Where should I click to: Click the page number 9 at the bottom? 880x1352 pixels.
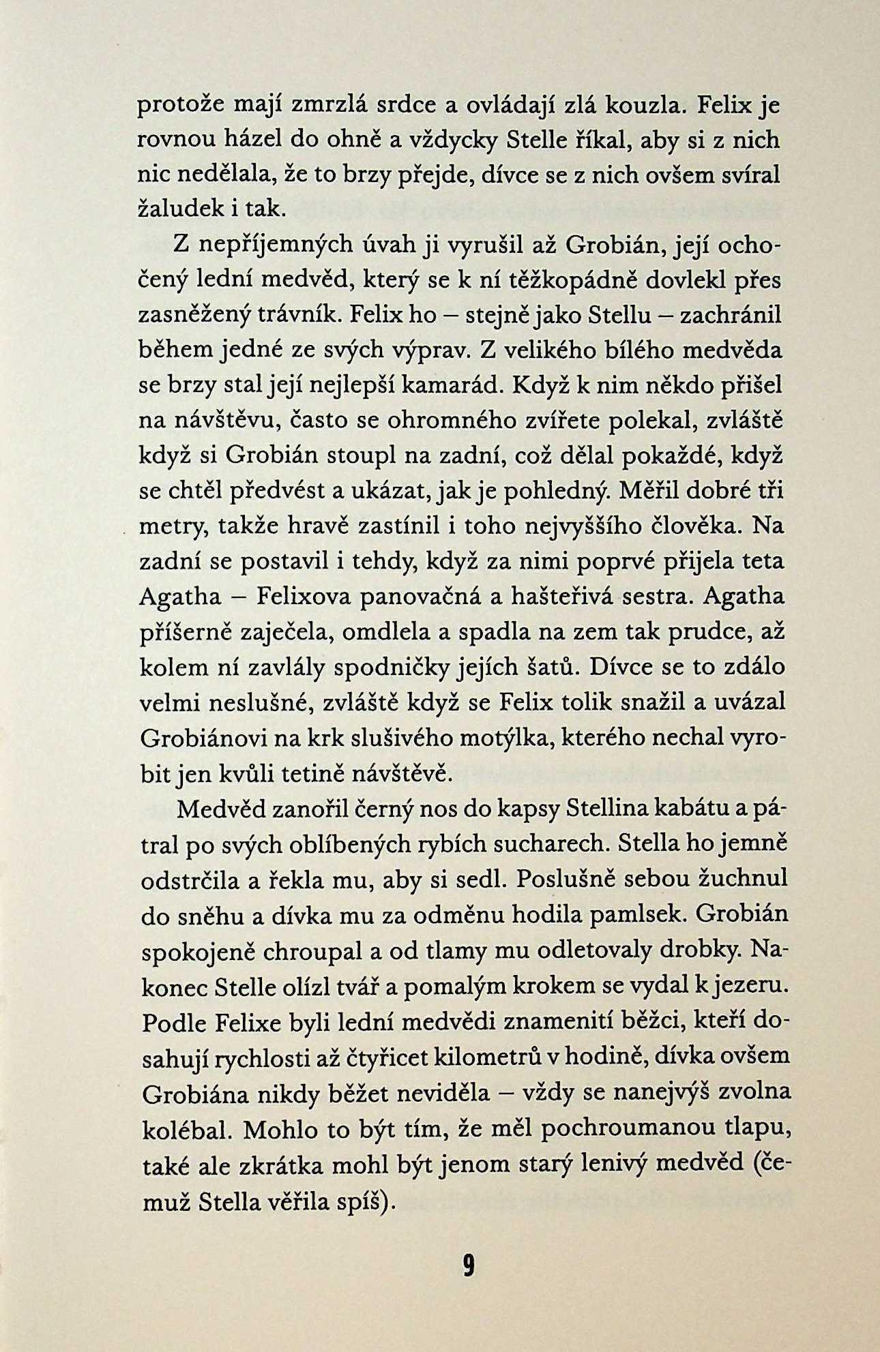click(x=468, y=1266)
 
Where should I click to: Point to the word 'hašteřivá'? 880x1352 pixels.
click(x=585, y=597)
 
